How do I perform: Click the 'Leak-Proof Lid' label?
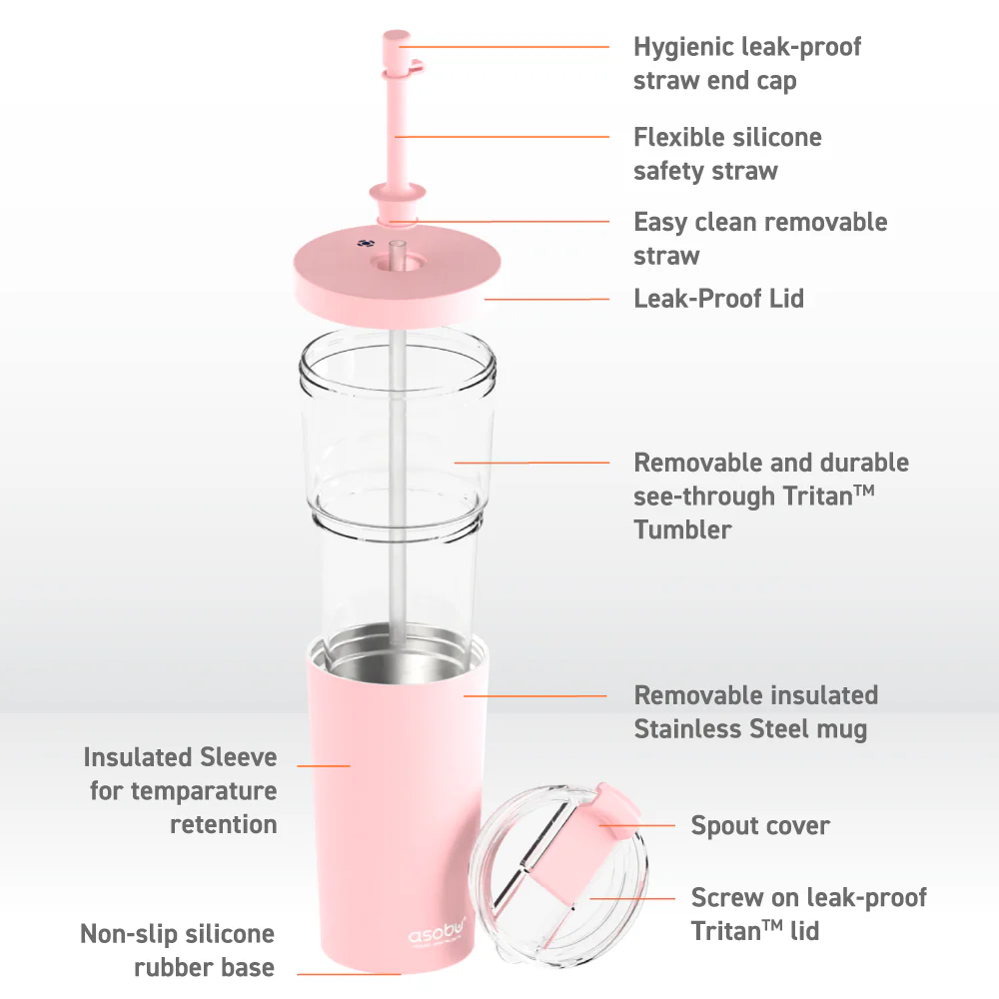718,298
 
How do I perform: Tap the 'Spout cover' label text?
759,826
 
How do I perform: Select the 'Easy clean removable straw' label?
759,238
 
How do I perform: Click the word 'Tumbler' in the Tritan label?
682,529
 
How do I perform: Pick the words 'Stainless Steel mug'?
750,729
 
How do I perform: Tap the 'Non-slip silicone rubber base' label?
178,950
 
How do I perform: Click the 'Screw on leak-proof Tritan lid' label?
808,914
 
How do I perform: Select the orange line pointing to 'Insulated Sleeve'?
324,765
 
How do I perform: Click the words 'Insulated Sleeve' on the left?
180,757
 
